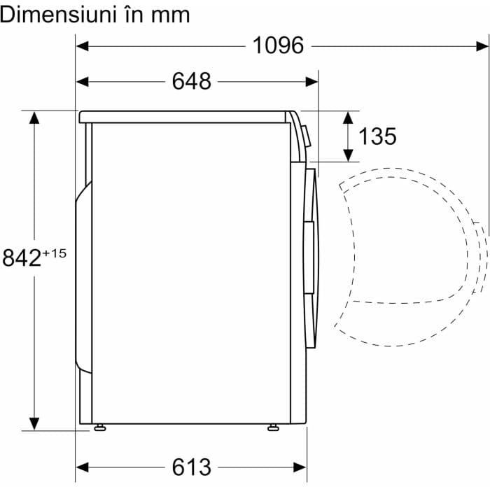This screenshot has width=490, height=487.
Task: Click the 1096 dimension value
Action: (x=278, y=45)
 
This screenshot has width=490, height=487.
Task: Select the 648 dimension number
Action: (x=192, y=81)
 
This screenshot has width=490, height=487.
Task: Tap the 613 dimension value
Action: (x=192, y=467)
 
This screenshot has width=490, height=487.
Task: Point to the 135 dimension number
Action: (x=377, y=136)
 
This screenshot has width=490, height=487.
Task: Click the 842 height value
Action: (x=22, y=257)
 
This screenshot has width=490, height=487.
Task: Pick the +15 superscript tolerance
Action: (x=54, y=253)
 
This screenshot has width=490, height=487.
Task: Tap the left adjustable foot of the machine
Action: (x=100, y=428)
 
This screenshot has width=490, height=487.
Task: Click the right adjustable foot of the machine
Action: (x=274, y=428)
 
